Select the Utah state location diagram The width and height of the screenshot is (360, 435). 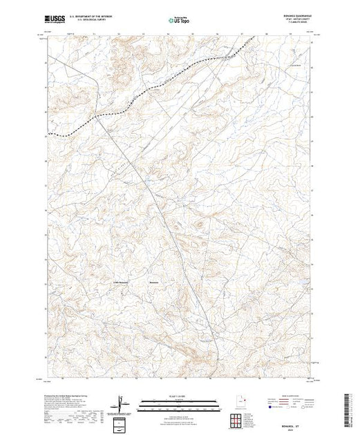point(237,400)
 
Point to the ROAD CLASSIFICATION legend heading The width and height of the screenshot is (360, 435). point(288,395)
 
